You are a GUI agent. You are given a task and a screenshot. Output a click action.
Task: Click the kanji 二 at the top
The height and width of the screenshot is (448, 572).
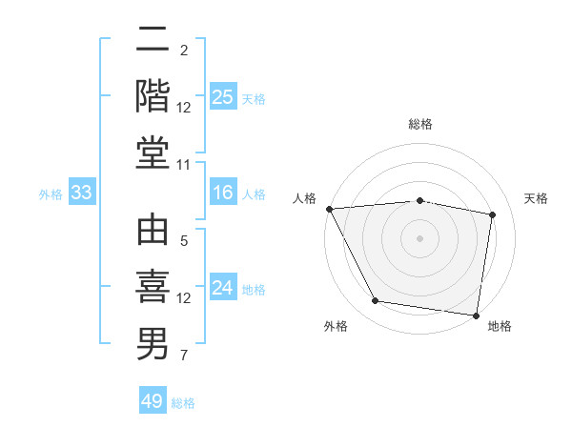point(153,39)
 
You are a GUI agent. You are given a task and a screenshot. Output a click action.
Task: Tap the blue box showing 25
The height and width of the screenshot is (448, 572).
point(223,97)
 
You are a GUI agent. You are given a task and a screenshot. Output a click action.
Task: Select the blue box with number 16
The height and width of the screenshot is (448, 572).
point(223,193)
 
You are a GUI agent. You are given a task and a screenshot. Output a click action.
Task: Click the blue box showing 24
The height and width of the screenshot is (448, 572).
point(223,289)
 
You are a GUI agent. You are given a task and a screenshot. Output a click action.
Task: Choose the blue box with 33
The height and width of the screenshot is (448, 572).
point(81,193)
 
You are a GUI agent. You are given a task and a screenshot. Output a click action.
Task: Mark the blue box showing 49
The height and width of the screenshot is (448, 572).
point(153,401)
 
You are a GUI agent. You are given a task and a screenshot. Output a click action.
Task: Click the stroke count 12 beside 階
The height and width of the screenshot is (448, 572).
point(184,108)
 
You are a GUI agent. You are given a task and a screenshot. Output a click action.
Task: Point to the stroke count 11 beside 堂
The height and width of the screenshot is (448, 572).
point(184,165)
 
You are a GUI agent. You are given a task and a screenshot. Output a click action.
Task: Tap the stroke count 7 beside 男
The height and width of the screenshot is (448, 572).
point(184,356)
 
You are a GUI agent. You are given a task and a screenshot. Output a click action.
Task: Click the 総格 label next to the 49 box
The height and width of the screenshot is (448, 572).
point(183,403)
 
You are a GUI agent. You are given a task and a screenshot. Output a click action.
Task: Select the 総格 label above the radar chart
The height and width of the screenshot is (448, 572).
point(420,124)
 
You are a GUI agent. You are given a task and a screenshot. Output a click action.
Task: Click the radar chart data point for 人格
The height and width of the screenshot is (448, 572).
point(329,208)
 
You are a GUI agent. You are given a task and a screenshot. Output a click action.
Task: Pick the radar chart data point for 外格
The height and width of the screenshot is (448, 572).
point(376,301)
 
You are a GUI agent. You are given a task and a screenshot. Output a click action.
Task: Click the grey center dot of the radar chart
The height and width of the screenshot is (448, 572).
point(420,237)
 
